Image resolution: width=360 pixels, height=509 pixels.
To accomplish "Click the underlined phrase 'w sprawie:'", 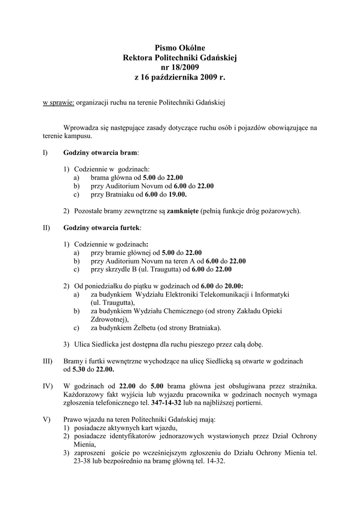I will click(58, 102).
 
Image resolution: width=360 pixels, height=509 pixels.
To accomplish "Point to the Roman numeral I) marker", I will click(45, 152).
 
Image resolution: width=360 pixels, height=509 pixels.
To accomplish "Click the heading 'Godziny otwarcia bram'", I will click(101, 152).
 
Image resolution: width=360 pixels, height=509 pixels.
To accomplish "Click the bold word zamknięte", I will click(182, 211).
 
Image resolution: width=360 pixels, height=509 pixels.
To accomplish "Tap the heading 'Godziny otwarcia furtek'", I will click(102, 228).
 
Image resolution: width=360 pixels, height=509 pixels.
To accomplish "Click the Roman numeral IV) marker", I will click(47, 386).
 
